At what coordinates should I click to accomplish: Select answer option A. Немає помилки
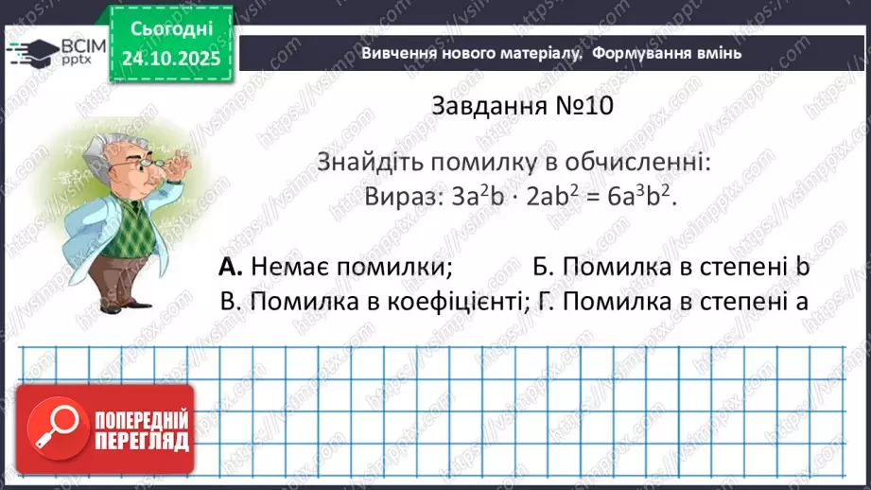point(336,268)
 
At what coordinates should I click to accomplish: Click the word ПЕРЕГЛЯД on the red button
point(142,440)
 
